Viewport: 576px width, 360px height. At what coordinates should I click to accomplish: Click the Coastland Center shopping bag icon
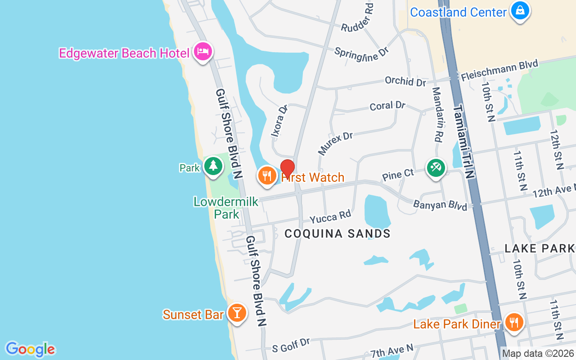click(x=520, y=10)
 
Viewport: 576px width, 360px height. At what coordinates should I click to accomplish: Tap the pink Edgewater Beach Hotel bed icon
click(x=202, y=51)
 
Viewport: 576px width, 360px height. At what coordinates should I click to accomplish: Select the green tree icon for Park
click(x=213, y=166)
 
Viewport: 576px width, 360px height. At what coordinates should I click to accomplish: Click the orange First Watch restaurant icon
click(x=267, y=175)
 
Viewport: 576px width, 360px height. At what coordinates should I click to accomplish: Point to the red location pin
click(x=288, y=169)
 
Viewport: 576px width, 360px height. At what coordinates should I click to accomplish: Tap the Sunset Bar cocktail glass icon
click(x=237, y=312)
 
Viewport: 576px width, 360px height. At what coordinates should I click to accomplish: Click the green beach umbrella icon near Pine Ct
click(x=436, y=168)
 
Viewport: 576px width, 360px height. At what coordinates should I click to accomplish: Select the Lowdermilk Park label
click(x=226, y=207)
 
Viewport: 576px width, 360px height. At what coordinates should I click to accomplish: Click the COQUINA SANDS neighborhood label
click(x=337, y=233)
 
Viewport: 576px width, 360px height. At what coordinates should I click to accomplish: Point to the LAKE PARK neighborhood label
click(x=540, y=248)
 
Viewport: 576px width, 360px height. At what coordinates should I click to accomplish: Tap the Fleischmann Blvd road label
click(x=499, y=71)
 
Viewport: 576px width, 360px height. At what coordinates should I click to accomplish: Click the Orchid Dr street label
click(x=405, y=81)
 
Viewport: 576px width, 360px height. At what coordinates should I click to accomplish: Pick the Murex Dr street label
click(x=335, y=143)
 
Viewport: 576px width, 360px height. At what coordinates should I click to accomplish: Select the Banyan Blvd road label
click(x=440, y=205)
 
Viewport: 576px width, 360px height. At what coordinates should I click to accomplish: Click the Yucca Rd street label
click(x=330, y=217)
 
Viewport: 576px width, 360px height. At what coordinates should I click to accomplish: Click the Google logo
click(x=30, y=349)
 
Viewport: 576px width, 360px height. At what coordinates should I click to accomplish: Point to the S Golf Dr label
click(x=291, y=345)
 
